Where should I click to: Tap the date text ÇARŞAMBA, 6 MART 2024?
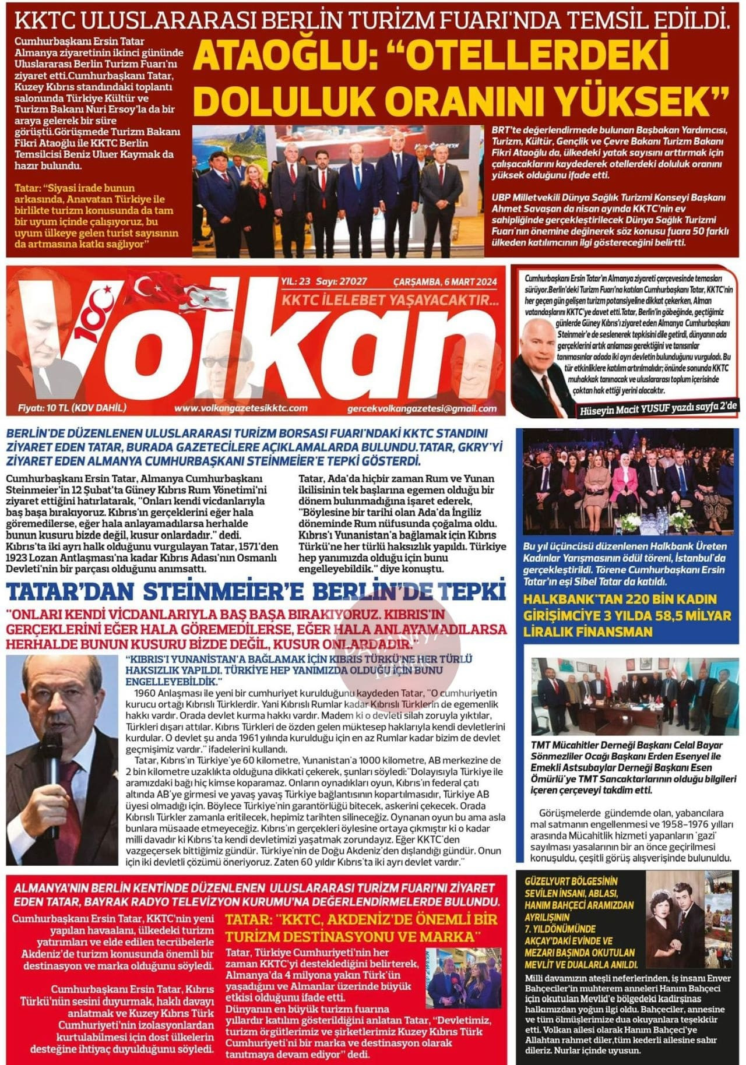[445, 282]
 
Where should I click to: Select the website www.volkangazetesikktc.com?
[241, 408]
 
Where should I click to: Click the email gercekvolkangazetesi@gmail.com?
[421, 408]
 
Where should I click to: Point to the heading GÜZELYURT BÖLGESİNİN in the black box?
[563, 881]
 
